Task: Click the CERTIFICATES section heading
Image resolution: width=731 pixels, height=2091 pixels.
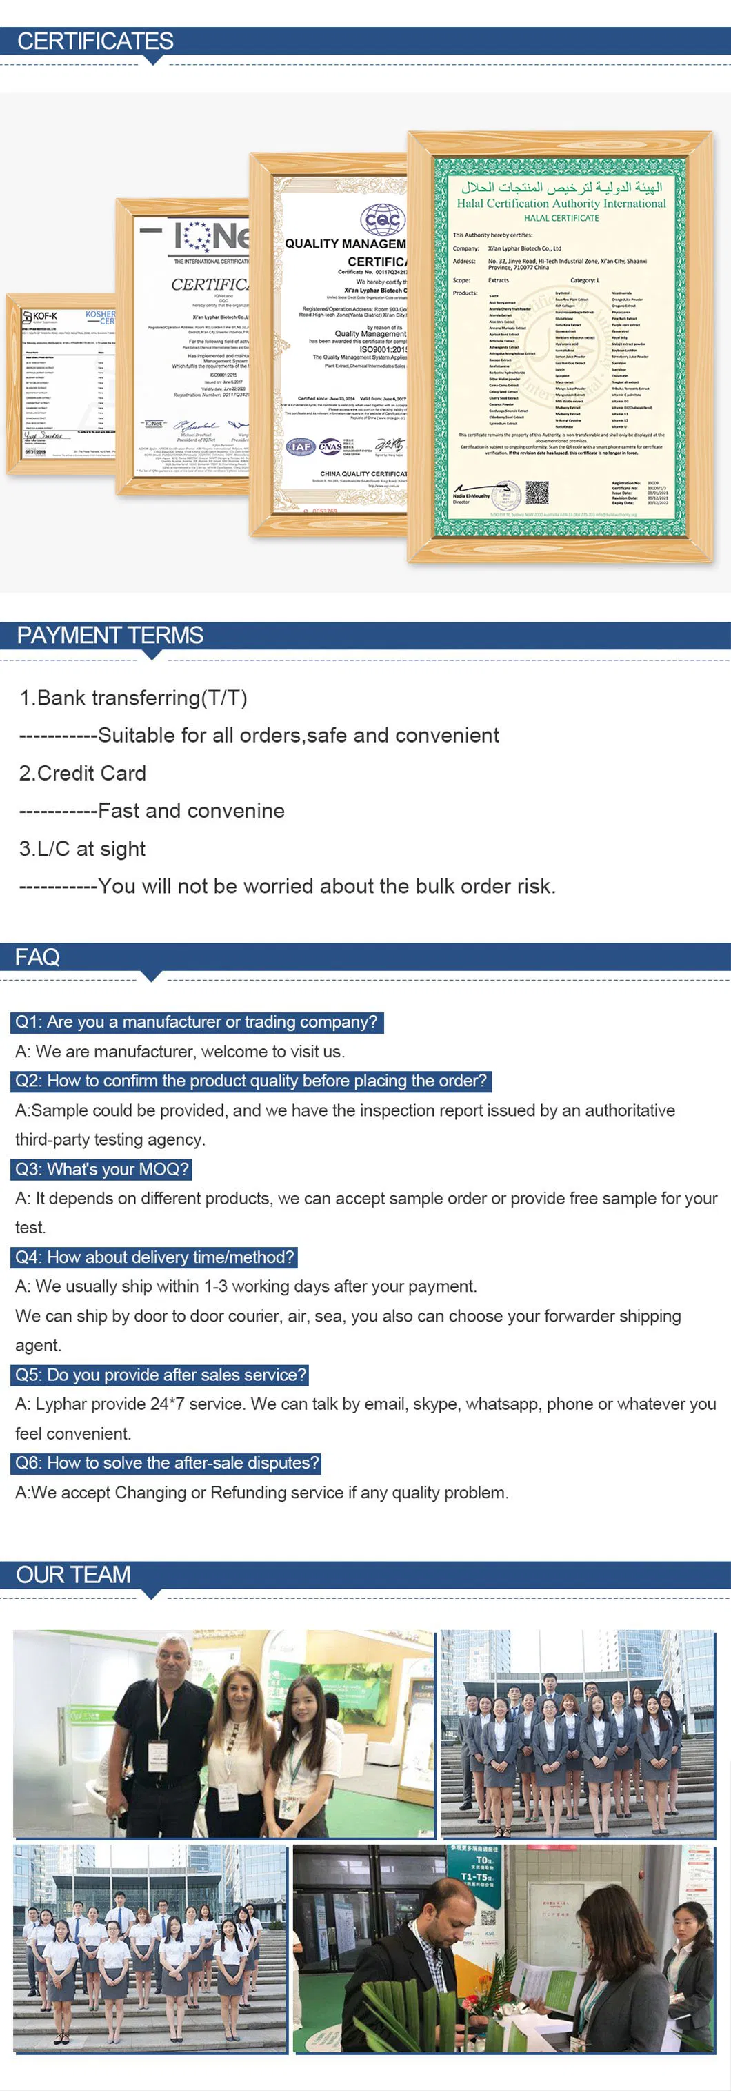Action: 95,41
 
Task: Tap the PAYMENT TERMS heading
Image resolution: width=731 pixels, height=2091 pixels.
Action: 110,635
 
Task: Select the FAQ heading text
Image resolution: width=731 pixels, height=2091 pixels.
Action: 37,957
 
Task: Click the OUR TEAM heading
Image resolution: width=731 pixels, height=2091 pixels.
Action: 73,1575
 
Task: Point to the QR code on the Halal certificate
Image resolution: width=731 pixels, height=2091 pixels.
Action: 537,492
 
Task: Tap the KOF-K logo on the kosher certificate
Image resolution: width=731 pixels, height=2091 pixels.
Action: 41,316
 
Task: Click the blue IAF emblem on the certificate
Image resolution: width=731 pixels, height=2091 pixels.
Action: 300,446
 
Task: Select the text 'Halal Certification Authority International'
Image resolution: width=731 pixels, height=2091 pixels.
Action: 561,204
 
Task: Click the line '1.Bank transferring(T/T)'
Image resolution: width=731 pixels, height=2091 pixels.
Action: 133,698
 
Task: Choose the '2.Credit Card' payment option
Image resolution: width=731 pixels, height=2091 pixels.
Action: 83,773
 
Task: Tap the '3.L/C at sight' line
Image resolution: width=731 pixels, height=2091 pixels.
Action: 83,848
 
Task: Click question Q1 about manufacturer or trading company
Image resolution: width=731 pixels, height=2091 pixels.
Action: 197,1022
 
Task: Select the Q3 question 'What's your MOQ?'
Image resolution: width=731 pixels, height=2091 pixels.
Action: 102,1169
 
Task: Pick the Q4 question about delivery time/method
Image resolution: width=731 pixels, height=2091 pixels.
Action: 155,1257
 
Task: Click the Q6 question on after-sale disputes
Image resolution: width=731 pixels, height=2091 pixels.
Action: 167,1463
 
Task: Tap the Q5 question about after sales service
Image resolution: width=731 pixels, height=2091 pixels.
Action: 161,1375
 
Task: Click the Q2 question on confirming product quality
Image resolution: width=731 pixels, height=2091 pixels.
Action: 252,1081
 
